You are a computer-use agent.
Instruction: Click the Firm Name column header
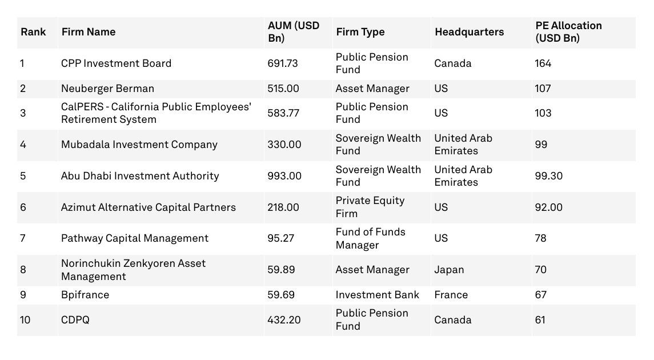[x=88, y=32]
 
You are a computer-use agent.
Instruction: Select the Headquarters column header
[x=469, y=32]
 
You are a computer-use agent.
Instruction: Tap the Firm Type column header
[x=360, y=32]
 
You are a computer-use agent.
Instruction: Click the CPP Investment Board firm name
[x=116, y=63]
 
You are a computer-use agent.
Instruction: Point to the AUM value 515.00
[x=283, y=89]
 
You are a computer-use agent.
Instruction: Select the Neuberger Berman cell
[x=107, y=89]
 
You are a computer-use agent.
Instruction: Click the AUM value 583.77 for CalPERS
[x=283, y=113]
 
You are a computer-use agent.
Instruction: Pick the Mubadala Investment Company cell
[x=139, y=145]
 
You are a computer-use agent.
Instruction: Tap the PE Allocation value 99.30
[x=548, y=176]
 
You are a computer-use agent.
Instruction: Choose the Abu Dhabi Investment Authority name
[x=140, y=176]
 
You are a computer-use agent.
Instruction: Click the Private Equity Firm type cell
[x=370, y=207]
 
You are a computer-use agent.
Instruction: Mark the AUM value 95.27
[x=280, y=238]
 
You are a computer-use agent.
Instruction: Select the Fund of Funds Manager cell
[x=370, y=238]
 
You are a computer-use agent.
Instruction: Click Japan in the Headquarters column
[x=449, y=270]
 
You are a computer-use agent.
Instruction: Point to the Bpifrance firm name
[x=85, y=295]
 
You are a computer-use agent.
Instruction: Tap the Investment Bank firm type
[x=377, y=295]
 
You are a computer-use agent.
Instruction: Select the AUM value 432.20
[x=283, y=320]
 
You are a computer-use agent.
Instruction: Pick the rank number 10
[x=26, y=320]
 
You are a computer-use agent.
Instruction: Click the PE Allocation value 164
[x=543, y=63]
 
